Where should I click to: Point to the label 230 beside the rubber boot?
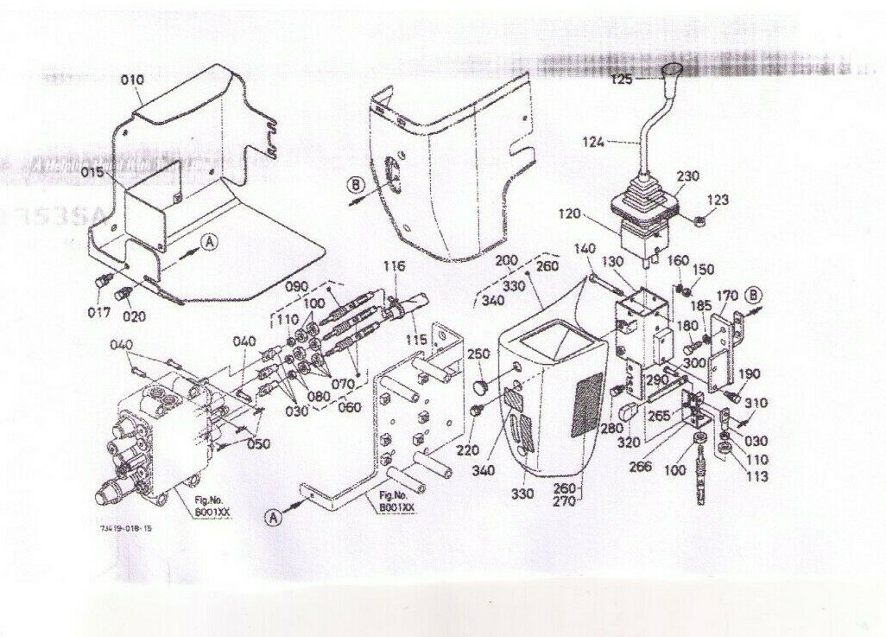click(687, 175)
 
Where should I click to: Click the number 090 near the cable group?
click(296, 286)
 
